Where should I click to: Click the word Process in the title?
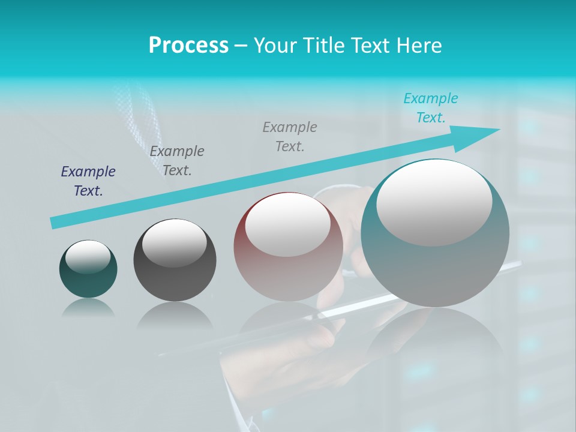pos(188,46)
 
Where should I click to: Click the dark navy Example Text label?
pos(88,181)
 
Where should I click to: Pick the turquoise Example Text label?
pos(431,108)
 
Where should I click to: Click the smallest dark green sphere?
pos(88,282)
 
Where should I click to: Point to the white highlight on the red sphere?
pos(288,225)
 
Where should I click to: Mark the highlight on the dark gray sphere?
pos(174,243)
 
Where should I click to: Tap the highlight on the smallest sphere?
pos(88,257)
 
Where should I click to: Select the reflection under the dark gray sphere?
pos(175,315)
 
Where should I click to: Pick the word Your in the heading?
pos(274,46)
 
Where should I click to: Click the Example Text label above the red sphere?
pos(290,137)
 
